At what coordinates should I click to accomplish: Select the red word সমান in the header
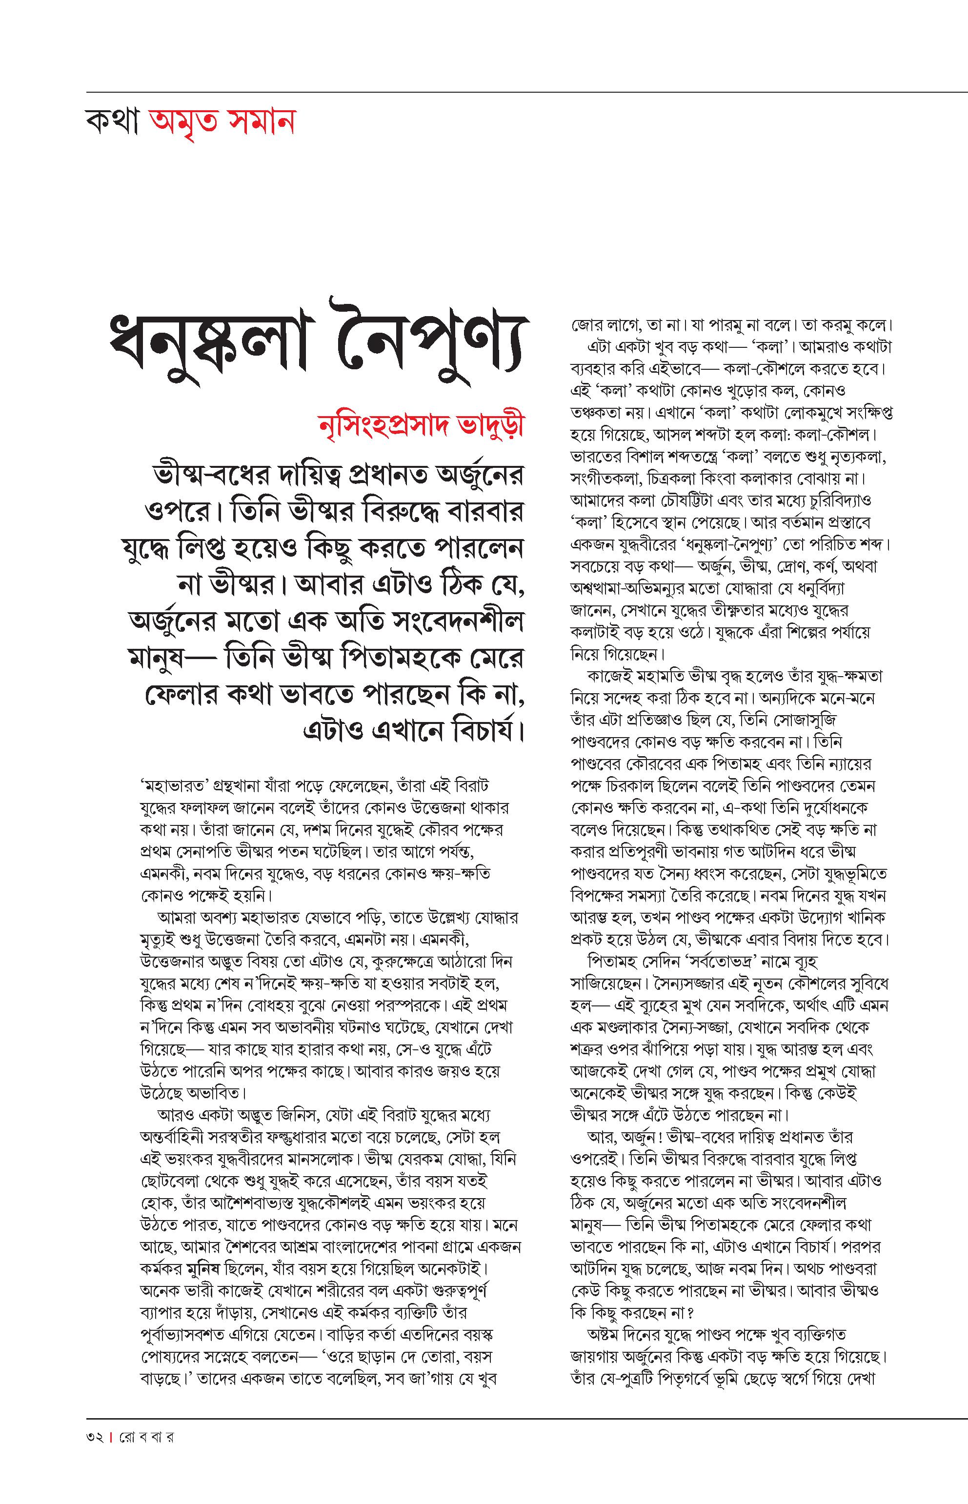click(258, 122)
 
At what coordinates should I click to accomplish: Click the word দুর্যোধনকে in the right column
click(834, 808)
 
